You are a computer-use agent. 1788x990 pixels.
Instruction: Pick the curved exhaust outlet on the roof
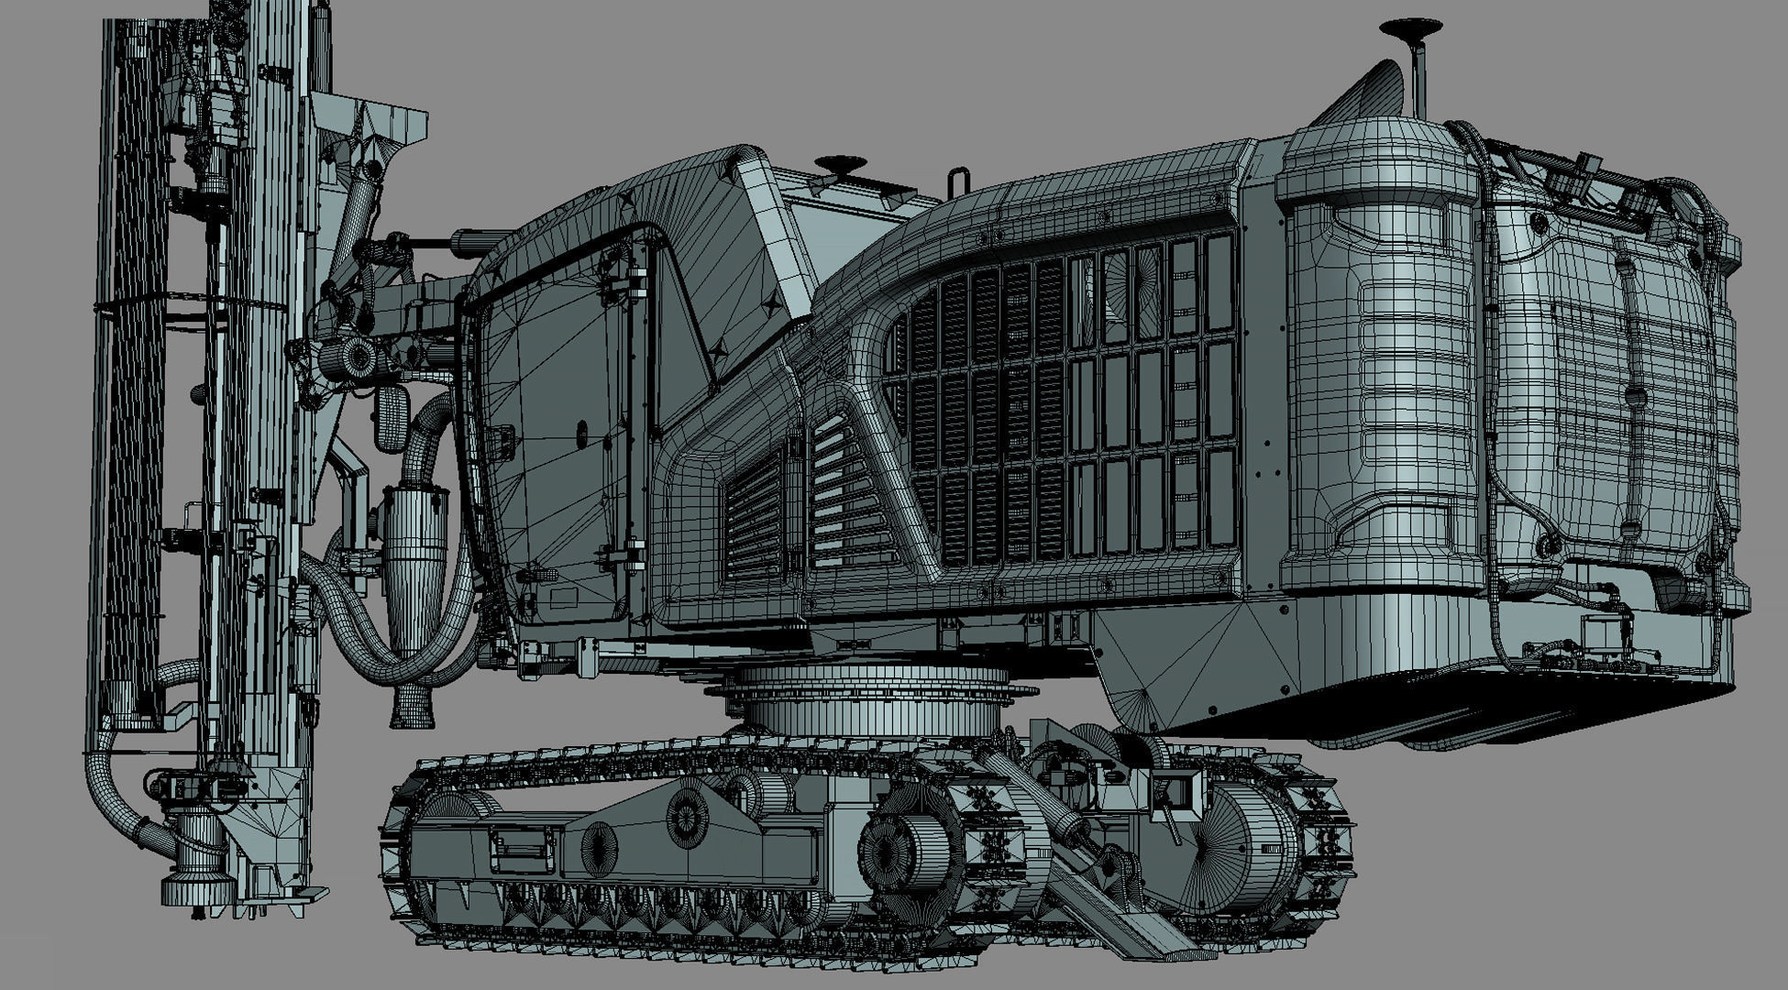point(1366,92)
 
